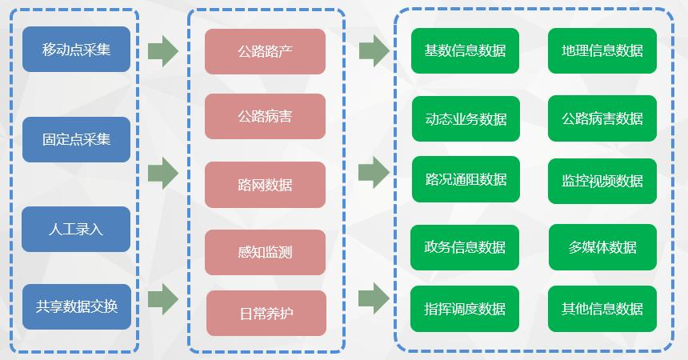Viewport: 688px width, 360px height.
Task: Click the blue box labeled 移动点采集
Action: [77, 50]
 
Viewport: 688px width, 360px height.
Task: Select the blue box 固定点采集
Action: [77, 139]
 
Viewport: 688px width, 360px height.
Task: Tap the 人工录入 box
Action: [77, 229]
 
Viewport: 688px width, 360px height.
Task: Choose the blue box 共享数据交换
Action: [77, 306]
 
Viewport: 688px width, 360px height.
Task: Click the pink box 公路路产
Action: [265, 52]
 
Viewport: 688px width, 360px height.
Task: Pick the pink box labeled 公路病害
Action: [265, 116]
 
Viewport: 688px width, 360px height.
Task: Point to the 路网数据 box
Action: [265, 185]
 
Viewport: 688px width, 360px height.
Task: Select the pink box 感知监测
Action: [265, 253]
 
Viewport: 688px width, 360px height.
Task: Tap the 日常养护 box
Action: [266, 313]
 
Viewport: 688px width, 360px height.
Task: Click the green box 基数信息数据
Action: [465, 50]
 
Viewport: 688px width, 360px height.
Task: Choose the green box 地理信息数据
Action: [602, 50]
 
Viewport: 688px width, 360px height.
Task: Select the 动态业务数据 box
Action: [466, 118]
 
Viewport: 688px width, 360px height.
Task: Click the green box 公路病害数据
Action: [602, 118]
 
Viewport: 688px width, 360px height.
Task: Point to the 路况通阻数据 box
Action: [466, 180]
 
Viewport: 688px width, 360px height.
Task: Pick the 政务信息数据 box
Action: [465, 247]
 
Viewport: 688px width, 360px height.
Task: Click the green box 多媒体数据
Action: [602, 247]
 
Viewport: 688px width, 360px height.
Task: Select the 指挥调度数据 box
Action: [465, 309]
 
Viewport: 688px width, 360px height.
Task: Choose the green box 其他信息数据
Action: [602, 309]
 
